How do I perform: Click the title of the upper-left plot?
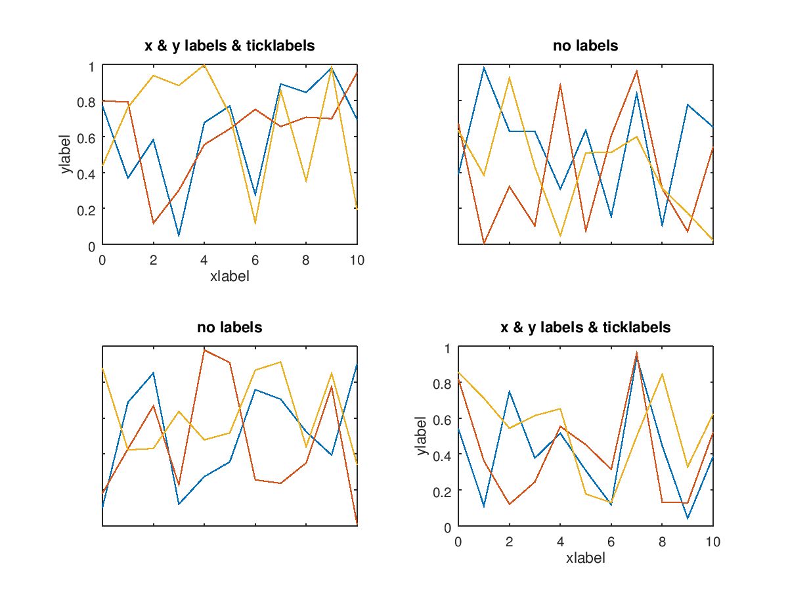(229, 46)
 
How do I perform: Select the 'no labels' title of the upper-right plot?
(585, 46)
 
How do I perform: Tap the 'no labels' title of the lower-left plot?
(229, 327)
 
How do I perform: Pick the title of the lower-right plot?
(585, 327)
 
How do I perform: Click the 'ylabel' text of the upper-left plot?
(65, 155)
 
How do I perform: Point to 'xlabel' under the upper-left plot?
(229, 276)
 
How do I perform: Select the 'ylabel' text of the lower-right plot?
(421, 436)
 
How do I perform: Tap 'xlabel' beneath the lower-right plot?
(585, 558)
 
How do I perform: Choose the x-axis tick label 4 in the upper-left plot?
(204, 260)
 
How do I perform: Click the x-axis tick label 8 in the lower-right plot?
(662, 542)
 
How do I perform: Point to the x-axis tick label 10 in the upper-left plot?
(357, 260)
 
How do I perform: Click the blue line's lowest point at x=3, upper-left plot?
(179, 236)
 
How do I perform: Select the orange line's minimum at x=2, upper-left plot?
(153, 224)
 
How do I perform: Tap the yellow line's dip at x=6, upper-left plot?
(255, 224)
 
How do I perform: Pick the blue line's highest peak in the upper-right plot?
(484, 67)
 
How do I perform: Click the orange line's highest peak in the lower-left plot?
(204, 349)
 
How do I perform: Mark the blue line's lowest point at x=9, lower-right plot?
(688, 519)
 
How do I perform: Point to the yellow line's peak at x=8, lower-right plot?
(662, 374)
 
